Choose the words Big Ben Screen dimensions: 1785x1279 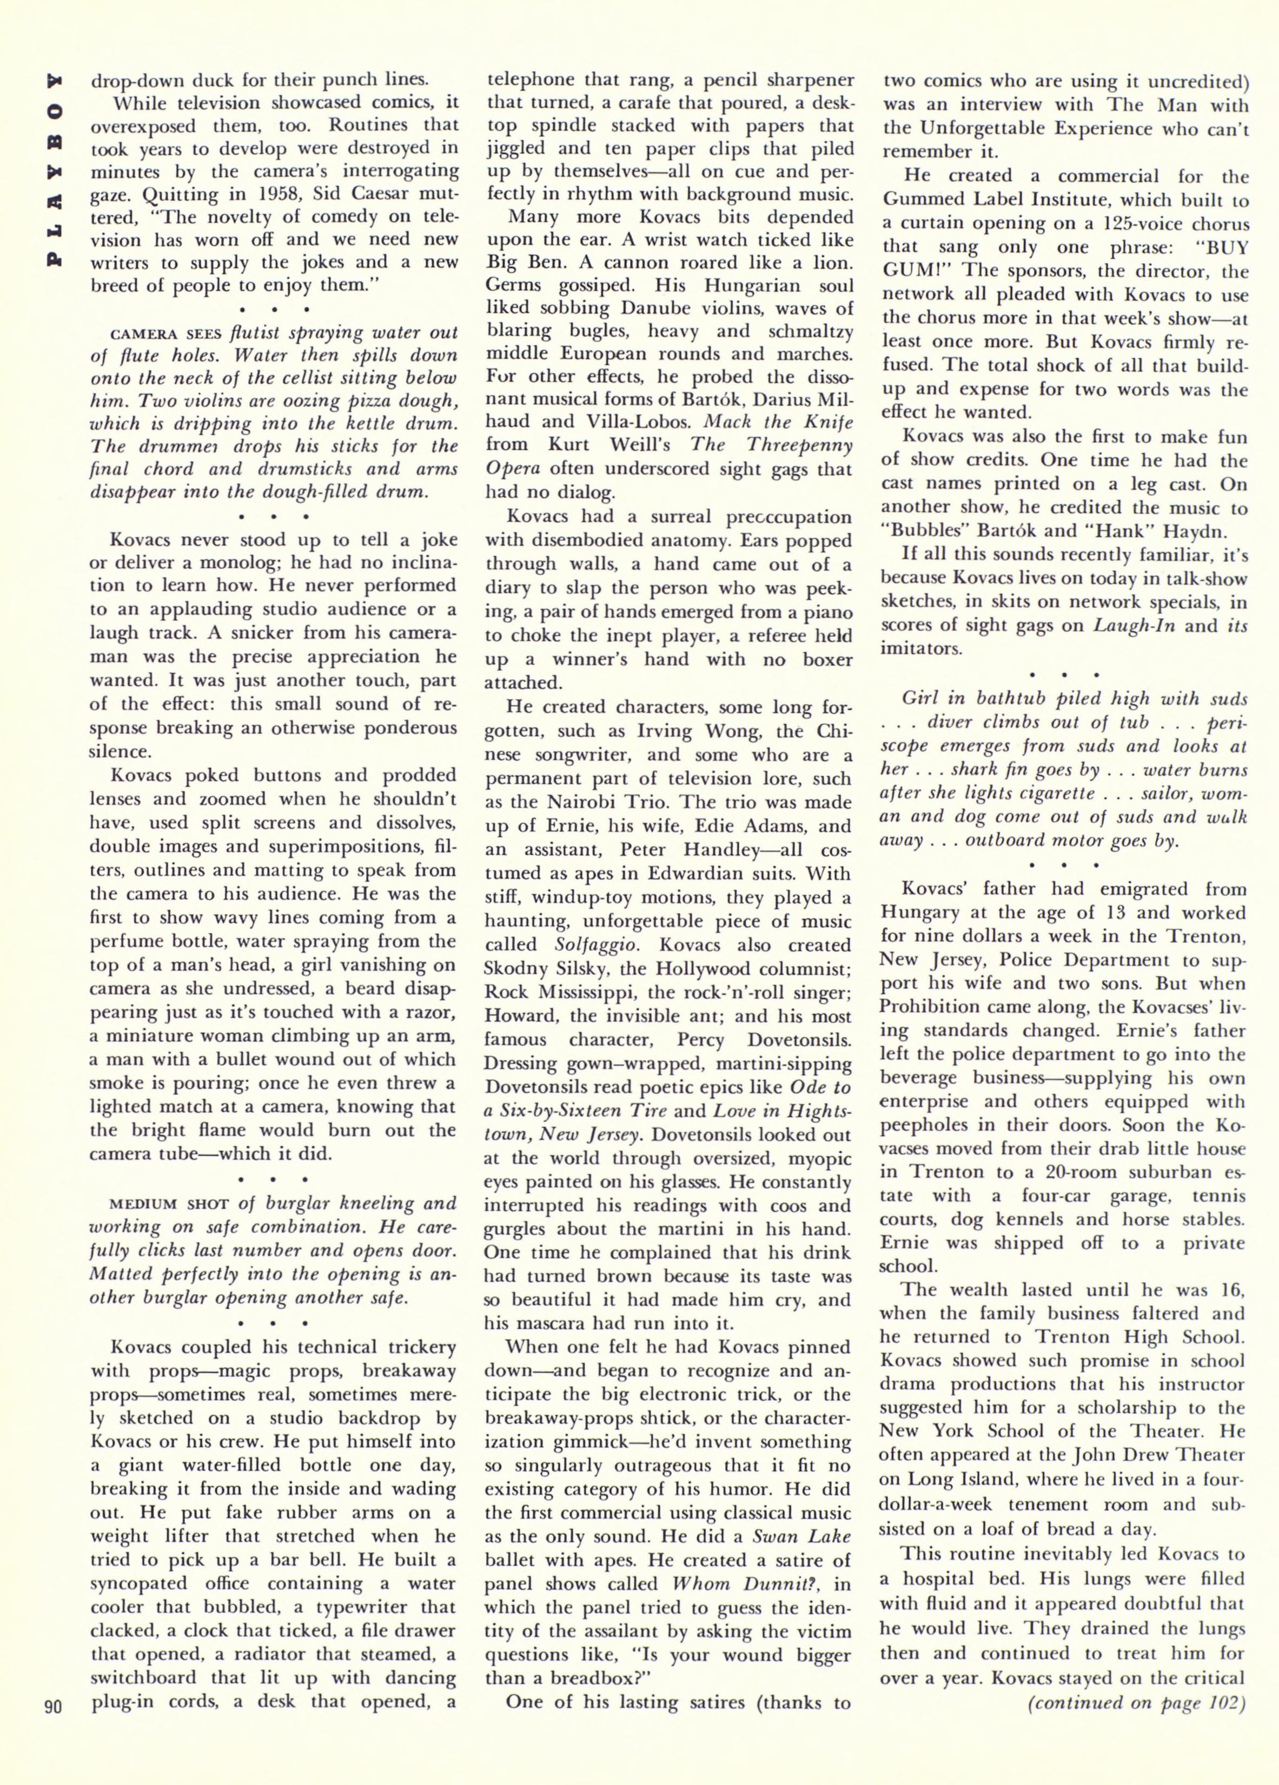(x=521, y=262)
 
